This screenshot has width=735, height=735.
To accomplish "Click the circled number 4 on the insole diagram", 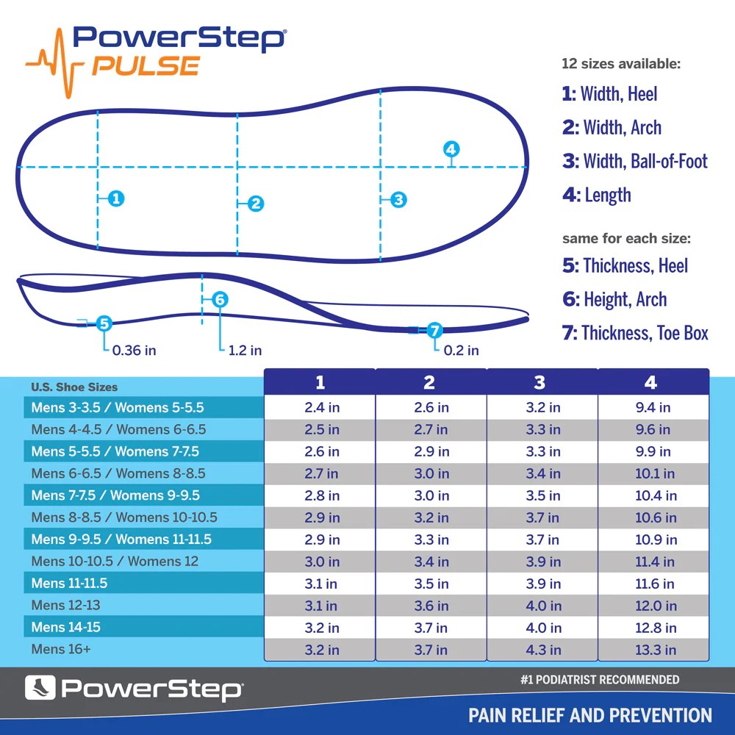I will click(x=451, y=149).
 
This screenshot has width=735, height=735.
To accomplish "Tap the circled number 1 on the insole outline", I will click(x=115, y=198).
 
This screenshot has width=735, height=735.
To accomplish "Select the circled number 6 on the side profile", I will click(x=220, y=299).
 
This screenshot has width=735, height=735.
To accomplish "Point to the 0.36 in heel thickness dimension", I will click(x=134, y=351).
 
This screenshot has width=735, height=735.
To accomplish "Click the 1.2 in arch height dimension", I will click(x=245, y=351).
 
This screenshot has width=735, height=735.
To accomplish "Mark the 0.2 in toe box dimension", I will click(x=461, y=351).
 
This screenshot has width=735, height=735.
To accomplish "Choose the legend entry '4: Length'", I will click(x=597, y=195).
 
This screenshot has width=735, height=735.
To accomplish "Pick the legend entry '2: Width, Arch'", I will click(x=612, y=127).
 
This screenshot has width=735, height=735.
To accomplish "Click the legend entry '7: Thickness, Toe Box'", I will click(x=635, y=333).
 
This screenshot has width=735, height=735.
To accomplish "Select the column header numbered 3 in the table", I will click(x=540, y=382).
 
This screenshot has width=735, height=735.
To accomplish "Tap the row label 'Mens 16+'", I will click(x=61, y=649).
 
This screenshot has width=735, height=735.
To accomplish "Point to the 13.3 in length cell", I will click(x=655, y=650).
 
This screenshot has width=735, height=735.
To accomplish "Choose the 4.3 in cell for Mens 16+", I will click(x=543, y=650).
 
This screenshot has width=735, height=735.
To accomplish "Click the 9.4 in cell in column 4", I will click(x=653, y=407).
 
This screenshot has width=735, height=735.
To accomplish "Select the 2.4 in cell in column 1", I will click(x=322, y=407).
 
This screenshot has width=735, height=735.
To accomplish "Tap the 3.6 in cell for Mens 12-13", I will click(x=431, y=606).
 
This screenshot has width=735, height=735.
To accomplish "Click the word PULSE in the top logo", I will click(x=145, y=65).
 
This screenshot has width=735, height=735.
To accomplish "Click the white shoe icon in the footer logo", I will click(x=40, y=689).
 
